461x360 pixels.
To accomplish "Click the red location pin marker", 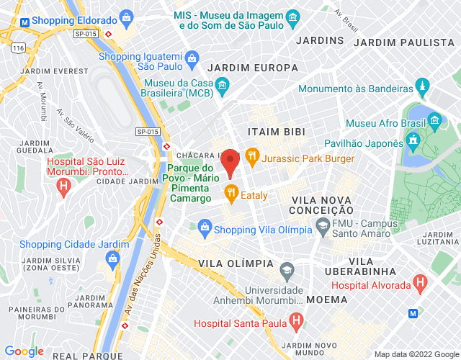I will (230, 161).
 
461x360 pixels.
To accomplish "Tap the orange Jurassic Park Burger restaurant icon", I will (251, 155).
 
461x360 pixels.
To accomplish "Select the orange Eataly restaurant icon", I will (231, 192).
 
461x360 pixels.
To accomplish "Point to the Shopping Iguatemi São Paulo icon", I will (192, 57).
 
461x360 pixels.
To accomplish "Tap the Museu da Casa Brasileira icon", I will (223, 87).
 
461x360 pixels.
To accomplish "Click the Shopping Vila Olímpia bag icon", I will (205, 229).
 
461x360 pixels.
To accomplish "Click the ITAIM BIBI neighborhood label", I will (276, 132).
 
